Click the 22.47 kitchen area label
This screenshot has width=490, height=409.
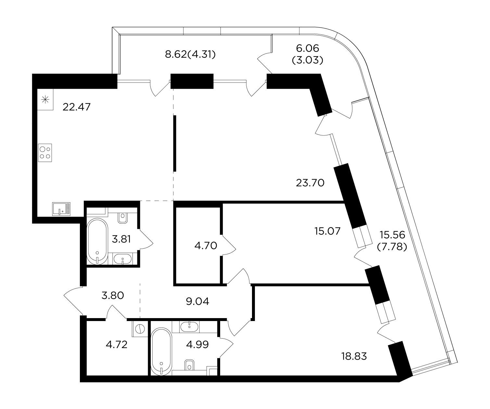(77, 107)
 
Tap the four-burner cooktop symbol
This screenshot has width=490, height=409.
(45, 153)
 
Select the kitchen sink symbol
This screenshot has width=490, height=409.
(61, 209)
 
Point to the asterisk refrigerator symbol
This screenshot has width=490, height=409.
(45, 100)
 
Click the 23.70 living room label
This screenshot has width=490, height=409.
(310, 182)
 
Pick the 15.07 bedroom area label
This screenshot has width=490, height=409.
(327, 231)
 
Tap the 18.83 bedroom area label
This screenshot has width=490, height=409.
(354, 356)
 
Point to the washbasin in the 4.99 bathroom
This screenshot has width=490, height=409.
(189, 327)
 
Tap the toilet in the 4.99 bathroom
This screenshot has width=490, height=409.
(189, 365)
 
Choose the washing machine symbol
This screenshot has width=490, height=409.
(140, 329)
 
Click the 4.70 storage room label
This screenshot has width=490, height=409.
(206, 246)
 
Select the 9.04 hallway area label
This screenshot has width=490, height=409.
(197, 302)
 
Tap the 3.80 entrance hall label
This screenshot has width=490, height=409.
(113, 295)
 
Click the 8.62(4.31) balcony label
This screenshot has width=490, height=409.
(190, 55)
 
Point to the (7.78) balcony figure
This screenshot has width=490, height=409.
(392, 247)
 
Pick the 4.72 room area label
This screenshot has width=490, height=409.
(117, 344)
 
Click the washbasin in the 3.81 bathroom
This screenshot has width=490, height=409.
(122, 259)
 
